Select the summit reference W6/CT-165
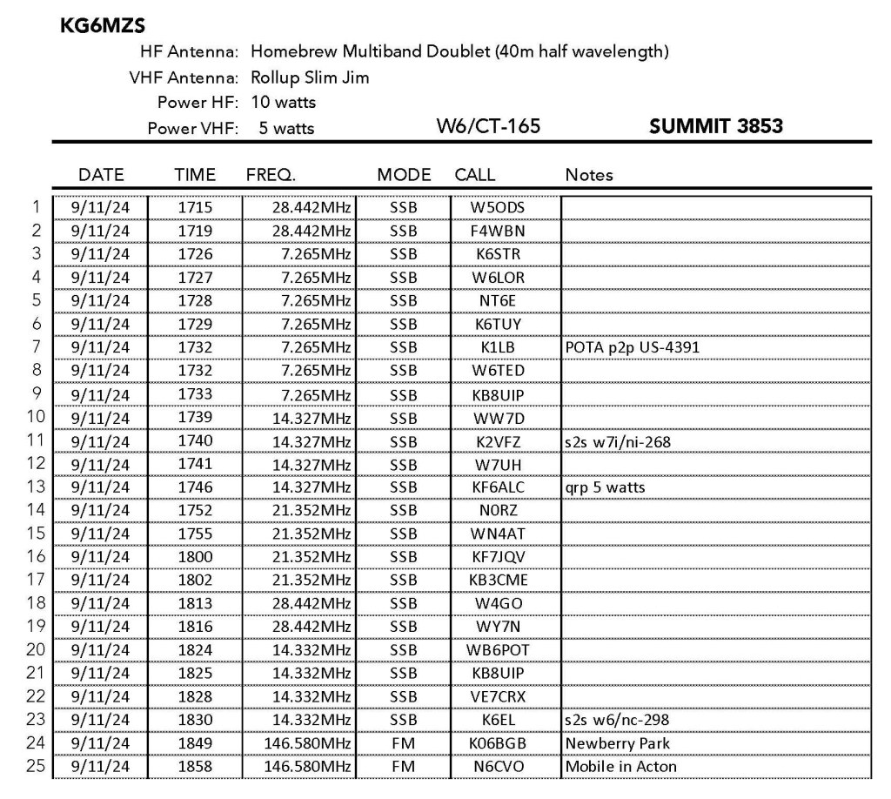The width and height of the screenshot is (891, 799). pyautogui.click(x=488, y=127)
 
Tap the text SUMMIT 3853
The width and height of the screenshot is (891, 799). pyautogui.click(x=716, y=127)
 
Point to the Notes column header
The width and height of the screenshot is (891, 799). pyautogui.click(x=588, y=175)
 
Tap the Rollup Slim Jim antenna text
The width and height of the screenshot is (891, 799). pyautogui.click(x=310, y=77)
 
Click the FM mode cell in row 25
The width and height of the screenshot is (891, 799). pyautogui.click(x=403, y=767)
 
